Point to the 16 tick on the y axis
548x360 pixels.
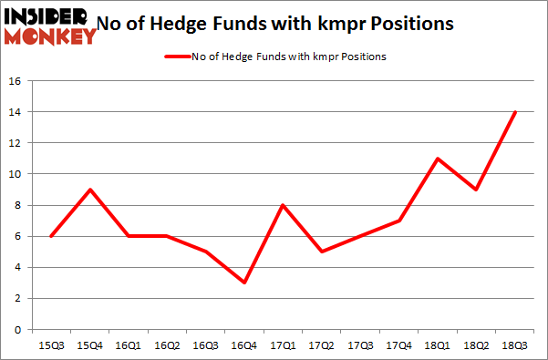click(15, 81)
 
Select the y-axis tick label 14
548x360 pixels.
click(15, 112)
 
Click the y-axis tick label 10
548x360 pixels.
click(15, 174)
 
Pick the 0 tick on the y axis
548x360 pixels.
click(17, 330)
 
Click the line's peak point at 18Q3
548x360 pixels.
click(515, 112)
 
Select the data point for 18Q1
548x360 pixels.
click(439, 159)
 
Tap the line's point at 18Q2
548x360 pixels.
click(477, 190)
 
